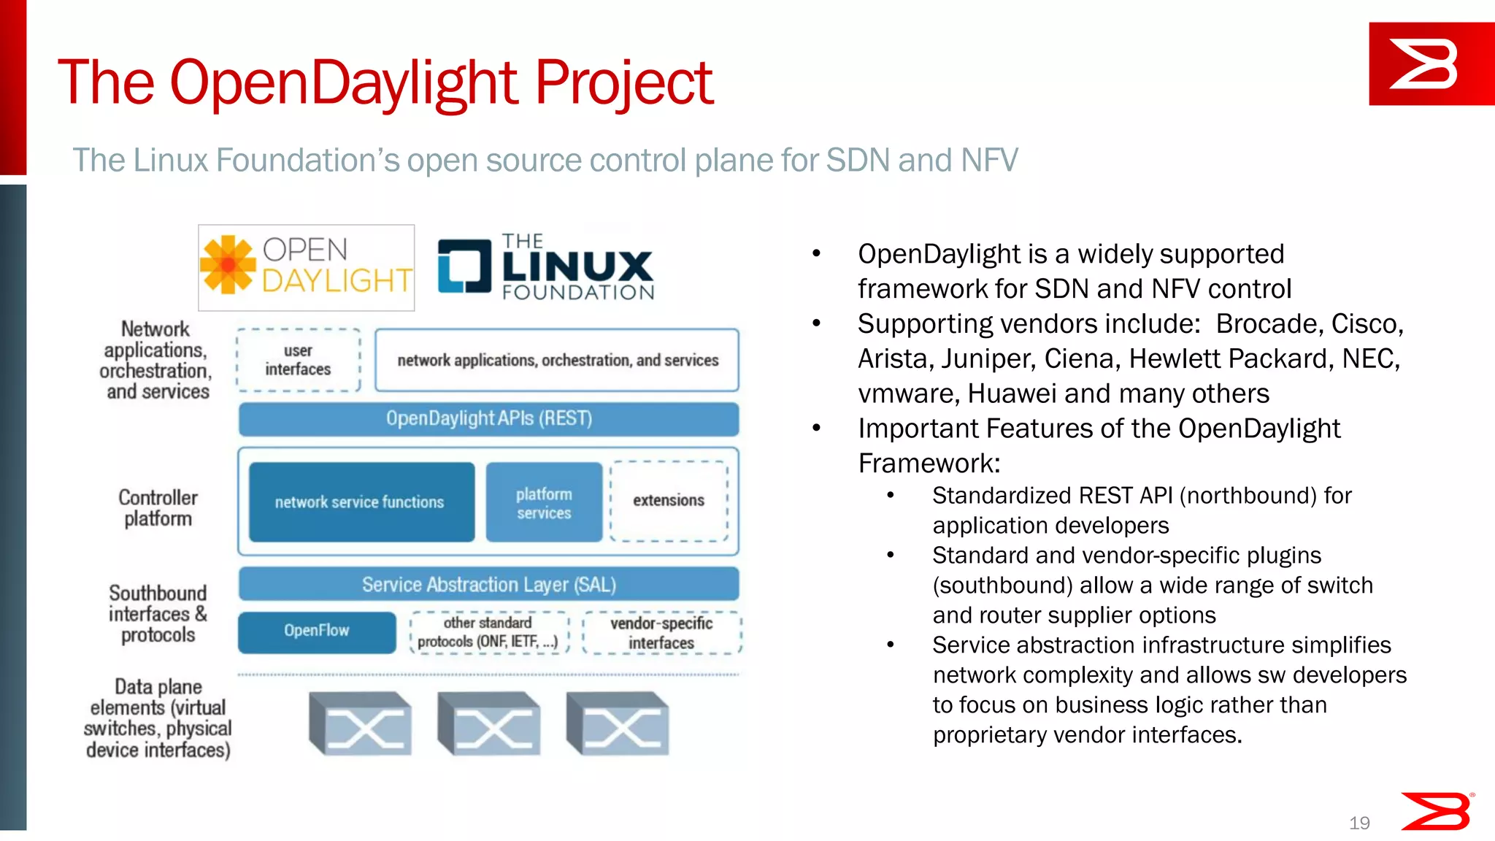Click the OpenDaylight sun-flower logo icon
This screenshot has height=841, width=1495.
pos(228,265)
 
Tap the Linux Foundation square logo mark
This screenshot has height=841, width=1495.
pos(464,266)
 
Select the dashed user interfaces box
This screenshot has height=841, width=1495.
pos(299,360)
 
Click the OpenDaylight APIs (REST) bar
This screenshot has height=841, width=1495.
pos(488,419)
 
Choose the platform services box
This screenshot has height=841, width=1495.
pos(544,503)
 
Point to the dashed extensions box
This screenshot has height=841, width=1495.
pos(669,501)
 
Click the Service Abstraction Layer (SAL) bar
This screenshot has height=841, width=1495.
pos(488,585)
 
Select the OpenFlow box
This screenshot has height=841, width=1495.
pos(317,631)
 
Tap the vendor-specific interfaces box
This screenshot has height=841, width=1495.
pos(661,633)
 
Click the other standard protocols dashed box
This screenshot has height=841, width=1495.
pos(488,632)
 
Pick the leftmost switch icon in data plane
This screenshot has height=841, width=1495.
pos(361,724)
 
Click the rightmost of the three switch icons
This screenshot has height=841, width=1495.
pos(618,724)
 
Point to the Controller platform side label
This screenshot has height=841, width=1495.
pos(158,508)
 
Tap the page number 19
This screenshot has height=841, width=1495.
pos(1359,823)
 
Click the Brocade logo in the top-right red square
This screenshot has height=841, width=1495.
pos(1423,64)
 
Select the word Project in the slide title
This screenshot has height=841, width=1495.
pos(624,82)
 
